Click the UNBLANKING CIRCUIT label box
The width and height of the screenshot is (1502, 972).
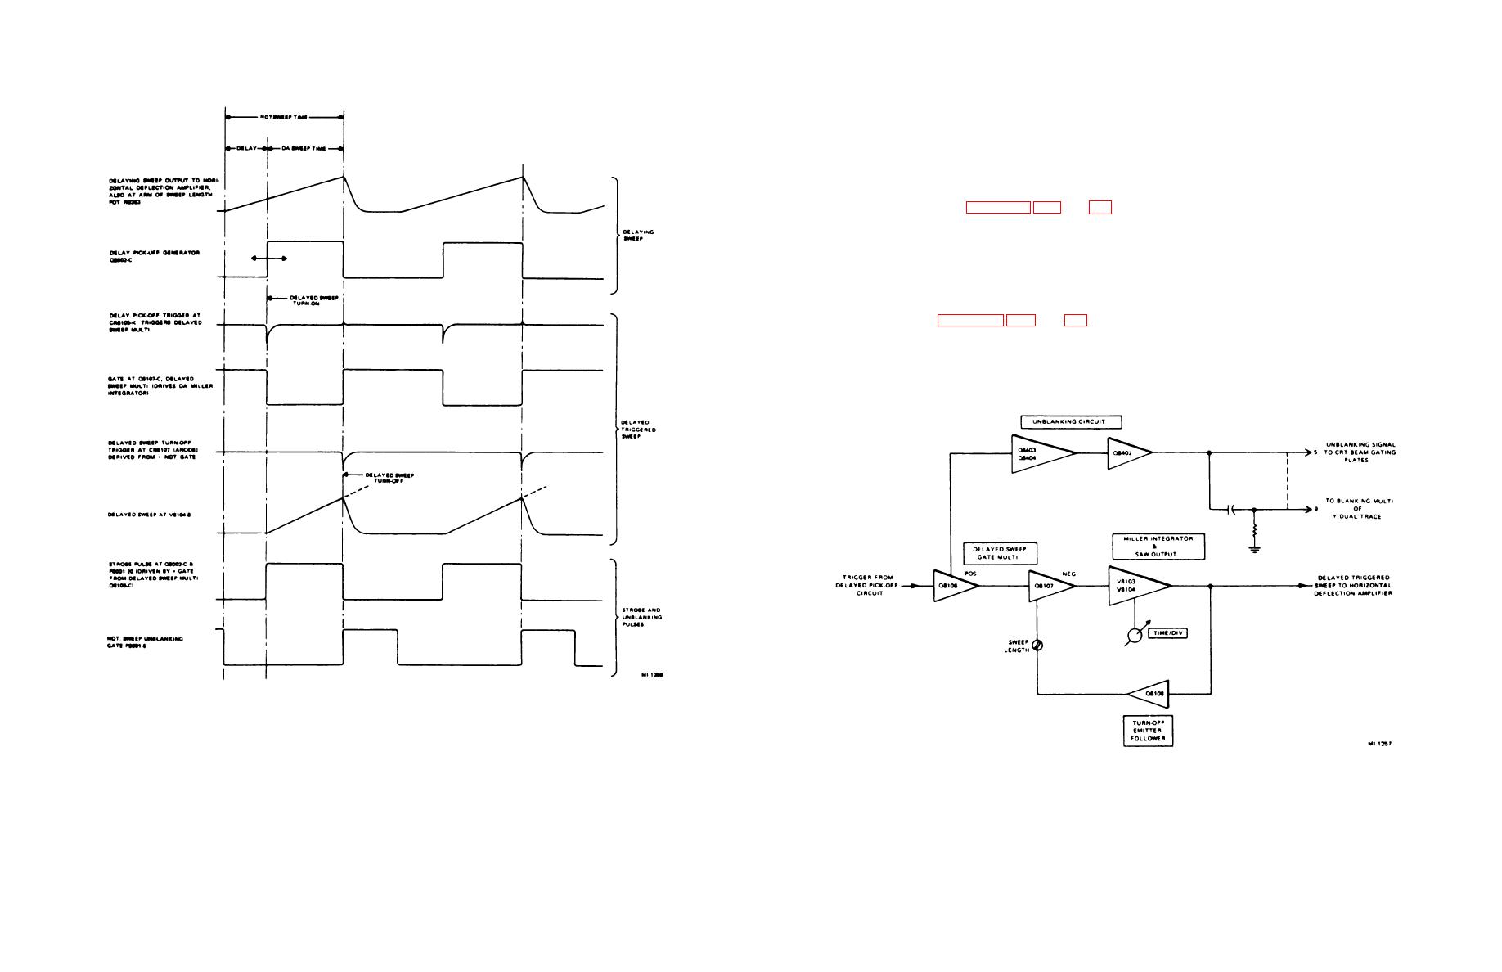click(1071, 422)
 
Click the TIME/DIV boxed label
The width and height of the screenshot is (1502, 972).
click(1168, 633)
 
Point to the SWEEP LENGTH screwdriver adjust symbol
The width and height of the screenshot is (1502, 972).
click(1038, 646)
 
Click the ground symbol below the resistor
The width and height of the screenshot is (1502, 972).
click(1253, 549)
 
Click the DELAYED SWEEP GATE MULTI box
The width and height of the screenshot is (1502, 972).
click(1000, 554)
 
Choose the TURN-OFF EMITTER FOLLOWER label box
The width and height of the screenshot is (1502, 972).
click(1147, 731)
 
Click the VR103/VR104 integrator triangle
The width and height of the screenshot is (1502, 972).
click(1135, 586)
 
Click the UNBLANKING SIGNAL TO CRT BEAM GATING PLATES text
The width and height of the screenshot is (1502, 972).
click(1360, 452)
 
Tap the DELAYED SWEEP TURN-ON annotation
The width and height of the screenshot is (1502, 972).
click(313, 300)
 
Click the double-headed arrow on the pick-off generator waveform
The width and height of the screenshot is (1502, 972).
click(269, 259)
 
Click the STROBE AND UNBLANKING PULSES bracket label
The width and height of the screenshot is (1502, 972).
click(641, 618)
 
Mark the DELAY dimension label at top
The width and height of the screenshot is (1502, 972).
click(245, 149)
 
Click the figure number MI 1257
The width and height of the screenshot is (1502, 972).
click(1379, 744)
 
